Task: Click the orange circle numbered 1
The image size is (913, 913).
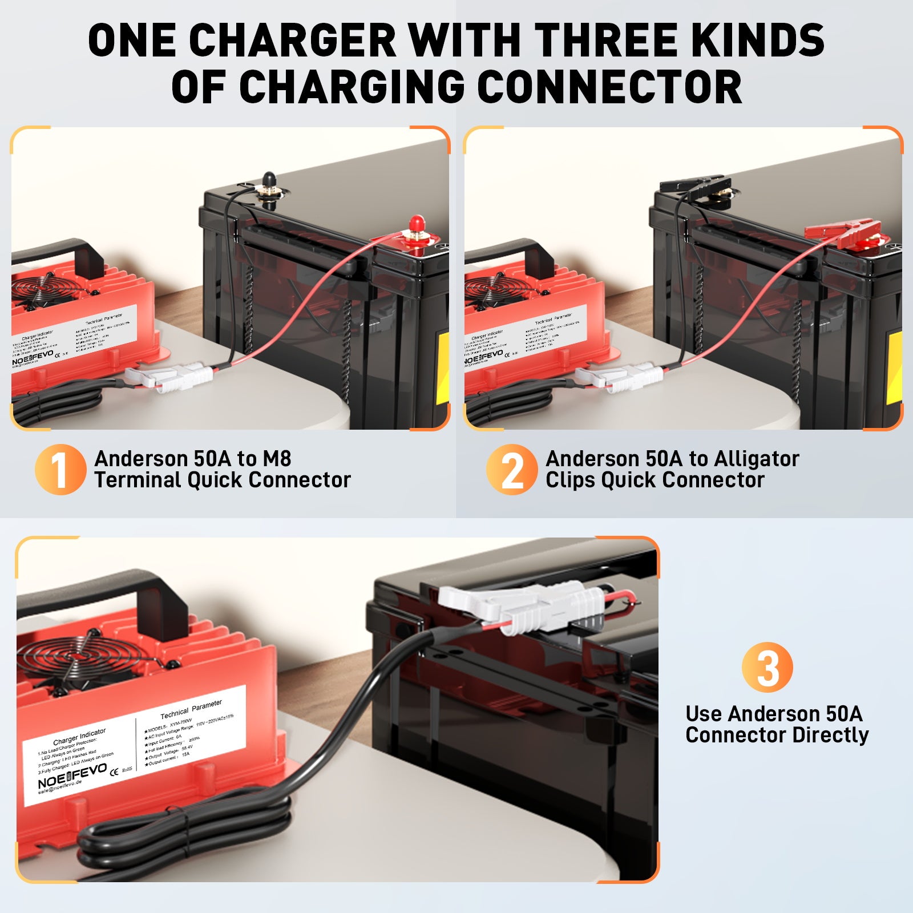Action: pyautogui.click(x=60, y=469)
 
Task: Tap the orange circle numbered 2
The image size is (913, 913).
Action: pyautogui.click(x=511, y=469)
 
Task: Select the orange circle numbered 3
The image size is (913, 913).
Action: pyautogui.click(x=767, y=667)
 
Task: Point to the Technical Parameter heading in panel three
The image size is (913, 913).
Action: pyautogui.click(x=191, y=709)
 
